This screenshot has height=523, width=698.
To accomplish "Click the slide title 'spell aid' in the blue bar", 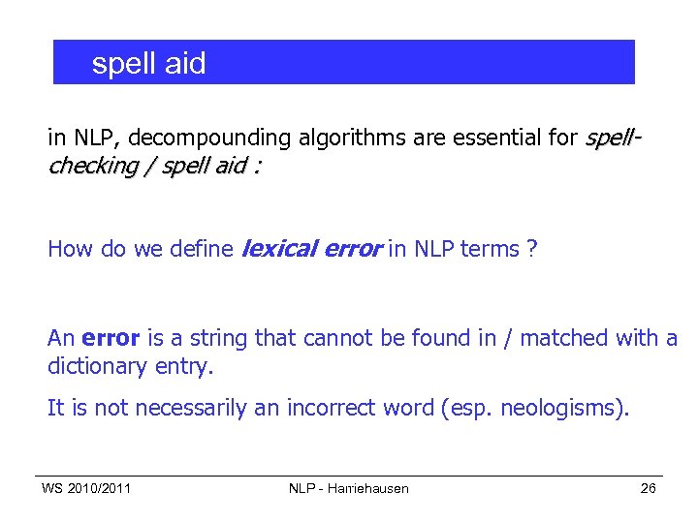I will (x=148, y=64).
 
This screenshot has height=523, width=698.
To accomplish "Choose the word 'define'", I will (x=201, y=249).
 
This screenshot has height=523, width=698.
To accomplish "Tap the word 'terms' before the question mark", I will (x=490, y=249).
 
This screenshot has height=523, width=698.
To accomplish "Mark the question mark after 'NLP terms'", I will (x=532, y=249).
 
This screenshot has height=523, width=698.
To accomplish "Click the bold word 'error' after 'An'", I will (x=111, y=338).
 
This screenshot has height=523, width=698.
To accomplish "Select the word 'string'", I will (x=218, y=338).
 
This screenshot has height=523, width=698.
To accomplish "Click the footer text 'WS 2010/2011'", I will (x=86, y=488).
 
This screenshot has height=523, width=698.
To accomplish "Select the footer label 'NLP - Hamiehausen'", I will (x=349, y=488).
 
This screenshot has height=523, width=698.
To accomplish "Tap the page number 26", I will (x=649, y=488).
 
